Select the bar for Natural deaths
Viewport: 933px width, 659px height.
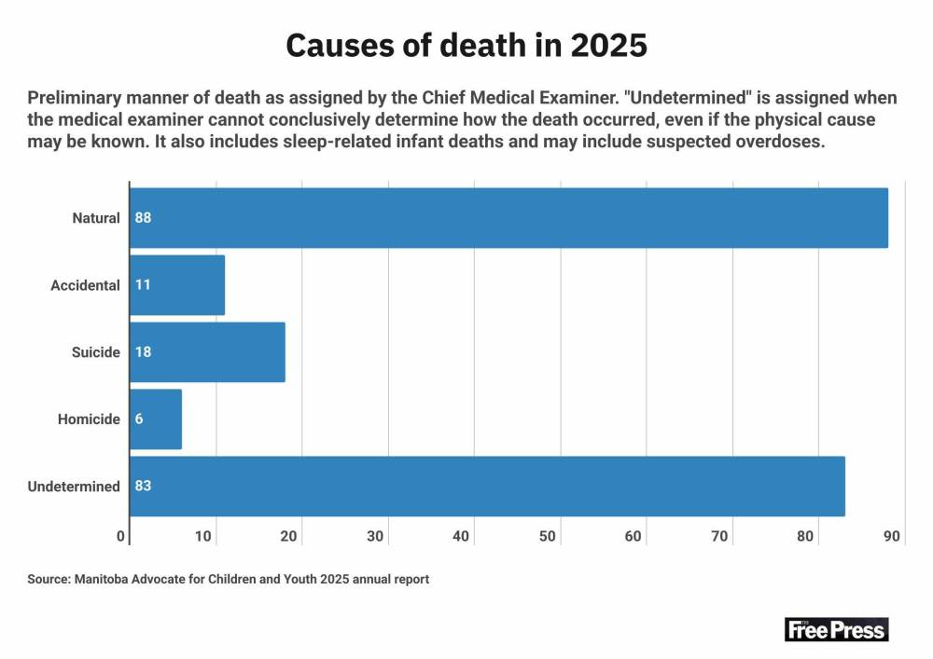[508, 218]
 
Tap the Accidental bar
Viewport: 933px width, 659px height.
[177, 285]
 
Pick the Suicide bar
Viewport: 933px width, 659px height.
[207, 352]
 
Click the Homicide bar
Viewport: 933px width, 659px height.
[156, 419]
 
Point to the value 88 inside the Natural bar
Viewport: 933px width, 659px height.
[143, 218]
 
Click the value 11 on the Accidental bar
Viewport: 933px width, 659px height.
[143, 285]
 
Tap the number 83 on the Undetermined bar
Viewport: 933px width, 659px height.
[143, 487]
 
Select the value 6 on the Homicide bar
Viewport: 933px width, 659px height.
[139, 419]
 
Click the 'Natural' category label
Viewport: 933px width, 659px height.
[96, 218]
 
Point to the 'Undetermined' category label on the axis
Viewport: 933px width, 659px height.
[74, 487]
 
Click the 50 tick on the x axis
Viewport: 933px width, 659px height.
[548, 536]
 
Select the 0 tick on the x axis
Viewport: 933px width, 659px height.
[121, 536]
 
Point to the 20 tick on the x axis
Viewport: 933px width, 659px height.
[289, 536]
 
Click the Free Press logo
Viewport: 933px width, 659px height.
[836, 629]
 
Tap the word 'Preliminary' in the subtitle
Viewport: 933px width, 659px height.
[72, 99]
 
